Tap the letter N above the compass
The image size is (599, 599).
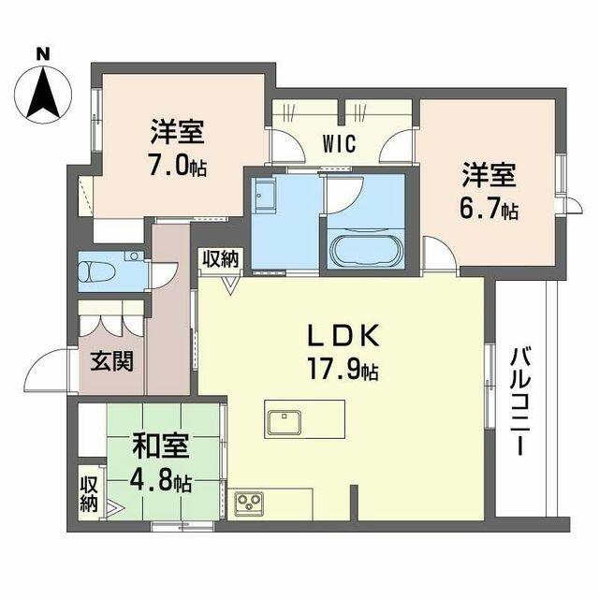[43, 54]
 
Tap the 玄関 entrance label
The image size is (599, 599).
[110, 360]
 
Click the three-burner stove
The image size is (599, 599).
[250, 504]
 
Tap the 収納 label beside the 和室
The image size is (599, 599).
[89, 494]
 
